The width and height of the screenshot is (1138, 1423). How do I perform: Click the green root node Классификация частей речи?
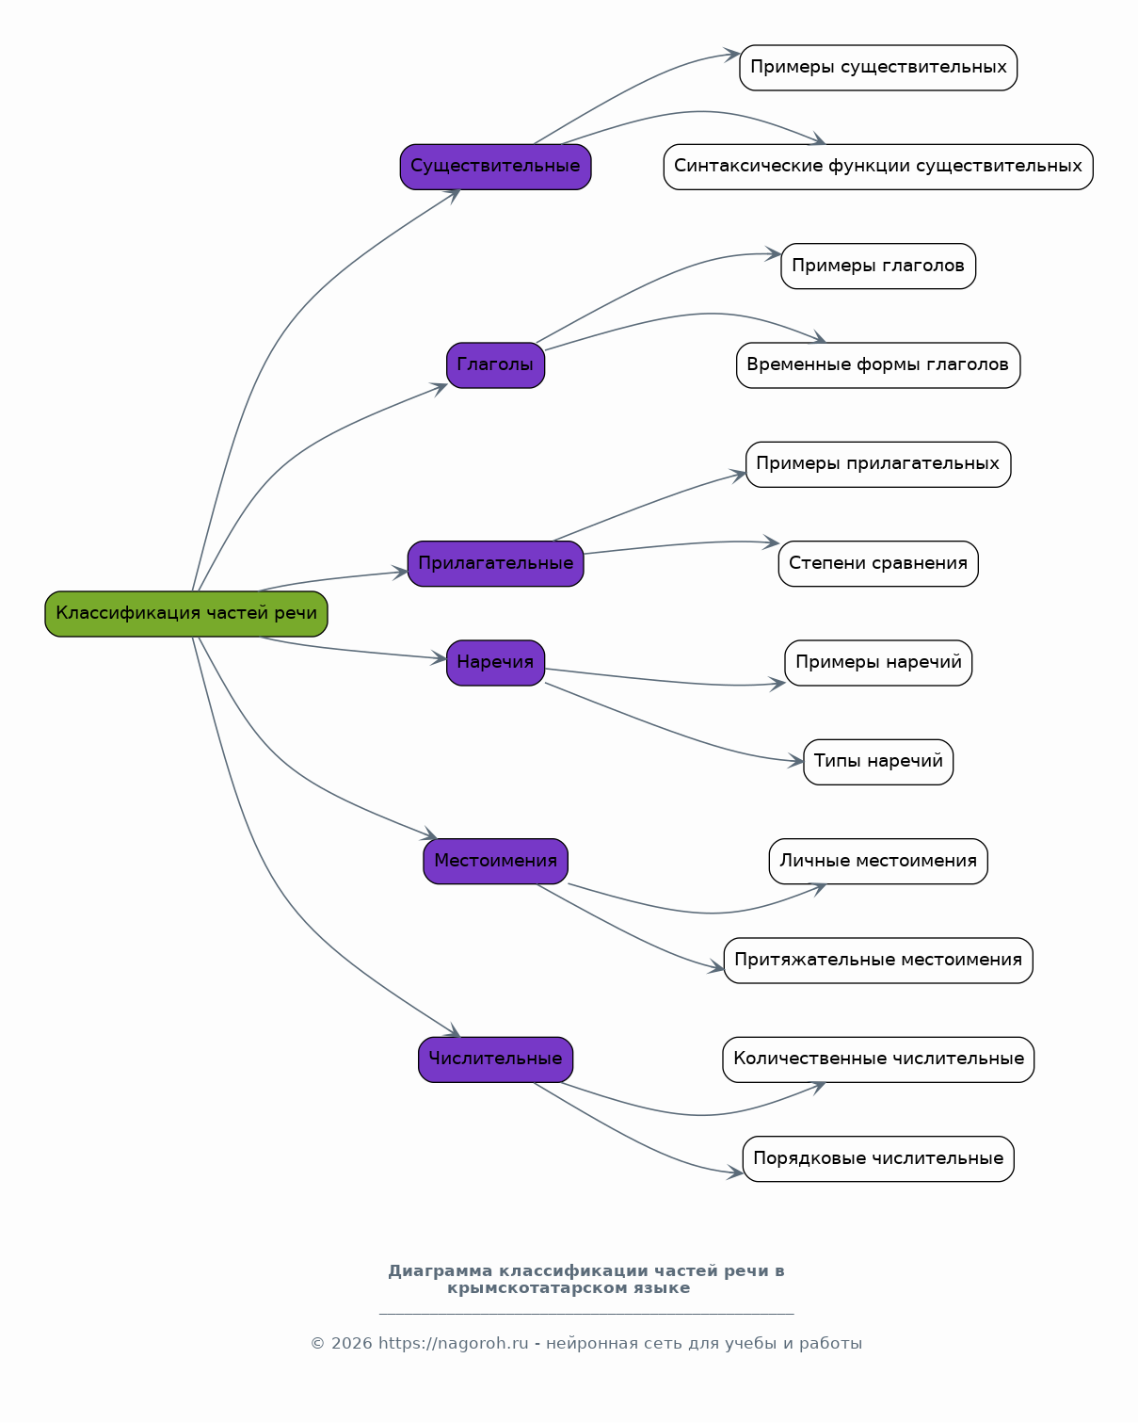click(x=186, y=614)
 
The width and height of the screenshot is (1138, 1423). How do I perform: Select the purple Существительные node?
click(x=496, y=167)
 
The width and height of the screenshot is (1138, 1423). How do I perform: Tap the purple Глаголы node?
click(x=496, y=365)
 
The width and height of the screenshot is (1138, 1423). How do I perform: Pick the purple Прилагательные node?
click(x=496, y=563)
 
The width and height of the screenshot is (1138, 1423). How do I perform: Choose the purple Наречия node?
click(x=496, y=663)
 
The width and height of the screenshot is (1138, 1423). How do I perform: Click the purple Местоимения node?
click(x=496, y=861)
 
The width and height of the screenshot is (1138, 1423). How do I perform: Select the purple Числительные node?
click(x=496, y=1059)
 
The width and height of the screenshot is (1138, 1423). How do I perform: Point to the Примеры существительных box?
click(x=878, y=68)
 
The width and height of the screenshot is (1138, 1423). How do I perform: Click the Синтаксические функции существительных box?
click(x=878, y=167)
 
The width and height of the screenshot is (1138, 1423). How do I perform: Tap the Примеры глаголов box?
click(x=878, y=266)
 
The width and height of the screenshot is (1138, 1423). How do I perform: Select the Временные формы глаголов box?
click(x=878, y=365)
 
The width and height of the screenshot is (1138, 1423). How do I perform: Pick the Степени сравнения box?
click(x=878, y=563)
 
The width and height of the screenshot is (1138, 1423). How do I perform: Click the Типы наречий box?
click(x=878, y=762)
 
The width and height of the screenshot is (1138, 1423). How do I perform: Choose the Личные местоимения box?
click(x=878, y=861)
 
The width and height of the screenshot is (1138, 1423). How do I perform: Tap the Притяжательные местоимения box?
click(x=878, y=961)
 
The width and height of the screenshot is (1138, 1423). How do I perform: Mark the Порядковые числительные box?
click(x=878, y=1158)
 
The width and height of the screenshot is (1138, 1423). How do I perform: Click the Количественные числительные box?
click(x=878, y=1059)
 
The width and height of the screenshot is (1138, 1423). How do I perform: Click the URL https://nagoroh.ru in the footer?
click(x=454, y=1344)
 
